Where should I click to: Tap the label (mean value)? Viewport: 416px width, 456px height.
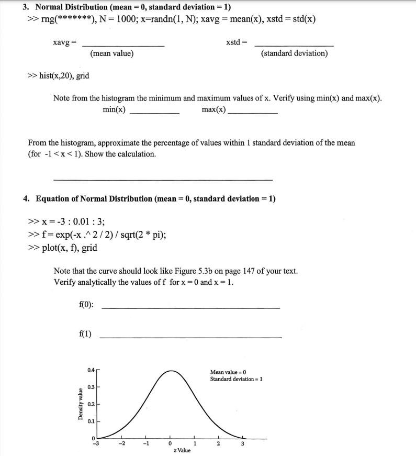click(x=111, y=53)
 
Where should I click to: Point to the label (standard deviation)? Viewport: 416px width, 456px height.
click(x=294, y=53)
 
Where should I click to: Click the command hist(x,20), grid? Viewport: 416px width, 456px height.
click(x=58, y=76)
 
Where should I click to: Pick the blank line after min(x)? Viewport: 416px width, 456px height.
click(x=154, y=113)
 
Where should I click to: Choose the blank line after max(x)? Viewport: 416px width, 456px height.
click(x=253, y=113)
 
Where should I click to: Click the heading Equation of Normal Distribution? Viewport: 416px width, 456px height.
click(x=155, y=199)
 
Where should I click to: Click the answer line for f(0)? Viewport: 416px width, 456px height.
click(x=190, y=308)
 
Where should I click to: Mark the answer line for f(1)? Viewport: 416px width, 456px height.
click(x=190, y=337)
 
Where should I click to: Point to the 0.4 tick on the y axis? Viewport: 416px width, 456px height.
click(x=91, y=371)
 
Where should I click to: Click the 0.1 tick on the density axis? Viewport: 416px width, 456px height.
click(x=91, y=421)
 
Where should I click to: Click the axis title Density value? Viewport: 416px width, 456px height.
click(x=81, y=404)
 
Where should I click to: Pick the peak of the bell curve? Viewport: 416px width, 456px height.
click(x=171, y=371)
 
